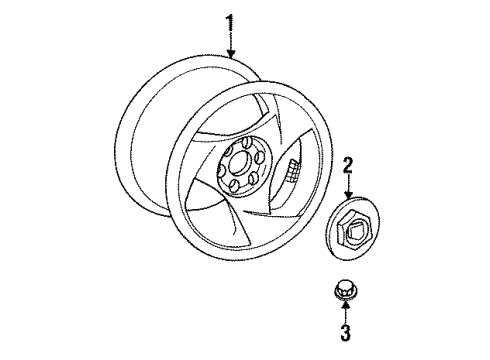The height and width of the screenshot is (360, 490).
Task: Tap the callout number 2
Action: click(x=348, y=166)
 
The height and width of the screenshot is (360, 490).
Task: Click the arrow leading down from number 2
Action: click(x=348, y=186)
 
